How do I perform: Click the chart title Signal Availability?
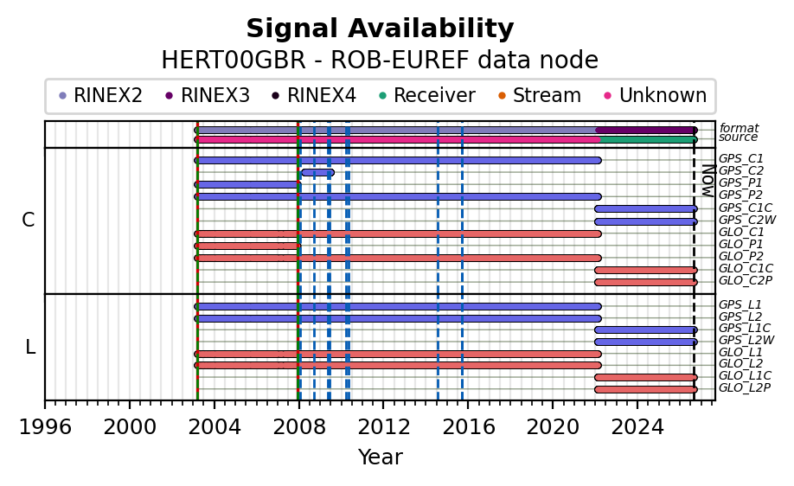(380, 29)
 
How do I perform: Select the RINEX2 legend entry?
(101, 95)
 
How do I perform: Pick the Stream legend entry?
(540, 95)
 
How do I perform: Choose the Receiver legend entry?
(427, 95)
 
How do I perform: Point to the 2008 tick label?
(298, 427)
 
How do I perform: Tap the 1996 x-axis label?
(45, 427)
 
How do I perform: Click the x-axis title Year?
(381, 457)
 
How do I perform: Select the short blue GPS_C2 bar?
(318, 173)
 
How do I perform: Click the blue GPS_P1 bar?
(247, 185)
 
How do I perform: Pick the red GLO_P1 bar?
(247, 246)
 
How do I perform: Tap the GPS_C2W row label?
(747, 221)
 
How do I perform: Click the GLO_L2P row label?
(745, 387)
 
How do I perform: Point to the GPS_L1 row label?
(740, 304)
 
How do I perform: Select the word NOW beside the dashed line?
(708, 181)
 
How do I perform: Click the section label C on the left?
(29, 221)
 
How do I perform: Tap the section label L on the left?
(30, 348)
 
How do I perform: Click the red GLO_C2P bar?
(646, 283)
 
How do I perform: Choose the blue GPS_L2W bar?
(646, 342)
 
